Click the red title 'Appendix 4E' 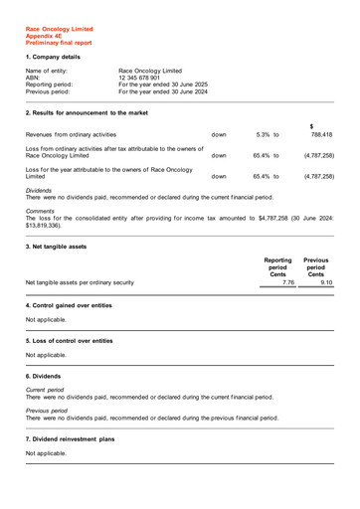(x=45, y=36)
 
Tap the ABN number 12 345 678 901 (x=146, y=78)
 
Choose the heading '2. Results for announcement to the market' (x=87, y=113)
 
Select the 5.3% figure (x=263, y=134)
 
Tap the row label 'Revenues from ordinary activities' (x=71, y=134)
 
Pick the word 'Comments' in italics (x=40, y=211)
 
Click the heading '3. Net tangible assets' (x=56, y=246)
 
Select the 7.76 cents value (x=288, y=283)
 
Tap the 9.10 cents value (x=326, y=283)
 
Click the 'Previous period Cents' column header (x=315, y=266)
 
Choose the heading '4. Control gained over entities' (x=69, y=304)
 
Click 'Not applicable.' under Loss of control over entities (x=46, y=355)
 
